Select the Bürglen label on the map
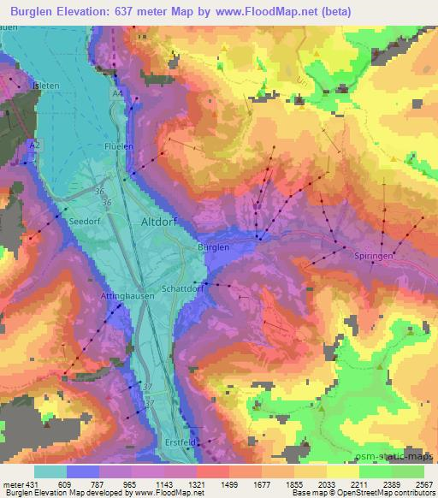tap(214, 247)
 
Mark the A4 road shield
tap(116, 91)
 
